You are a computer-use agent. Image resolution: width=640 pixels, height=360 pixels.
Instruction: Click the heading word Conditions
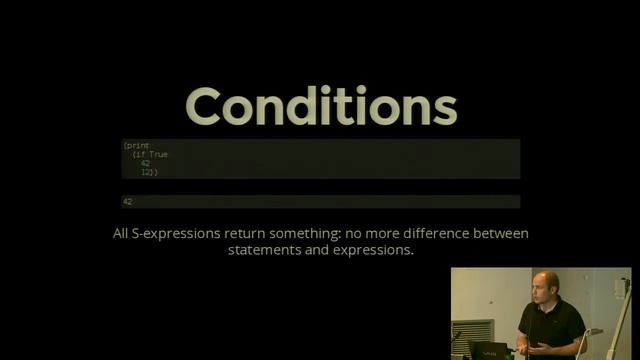tap(320, 107)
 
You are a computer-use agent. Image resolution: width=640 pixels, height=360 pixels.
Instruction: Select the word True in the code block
tap(158, 155)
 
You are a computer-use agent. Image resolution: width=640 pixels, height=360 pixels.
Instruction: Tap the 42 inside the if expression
tap(146, 164)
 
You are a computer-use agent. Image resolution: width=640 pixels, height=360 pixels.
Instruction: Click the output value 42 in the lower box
tap(128, 202)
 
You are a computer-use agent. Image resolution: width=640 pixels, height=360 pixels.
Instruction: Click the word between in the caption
tap(499, 234)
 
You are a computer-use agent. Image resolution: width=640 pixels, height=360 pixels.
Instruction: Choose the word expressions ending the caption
tap(374, 251)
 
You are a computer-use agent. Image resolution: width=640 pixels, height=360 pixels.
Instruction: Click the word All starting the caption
tap(121, 234)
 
